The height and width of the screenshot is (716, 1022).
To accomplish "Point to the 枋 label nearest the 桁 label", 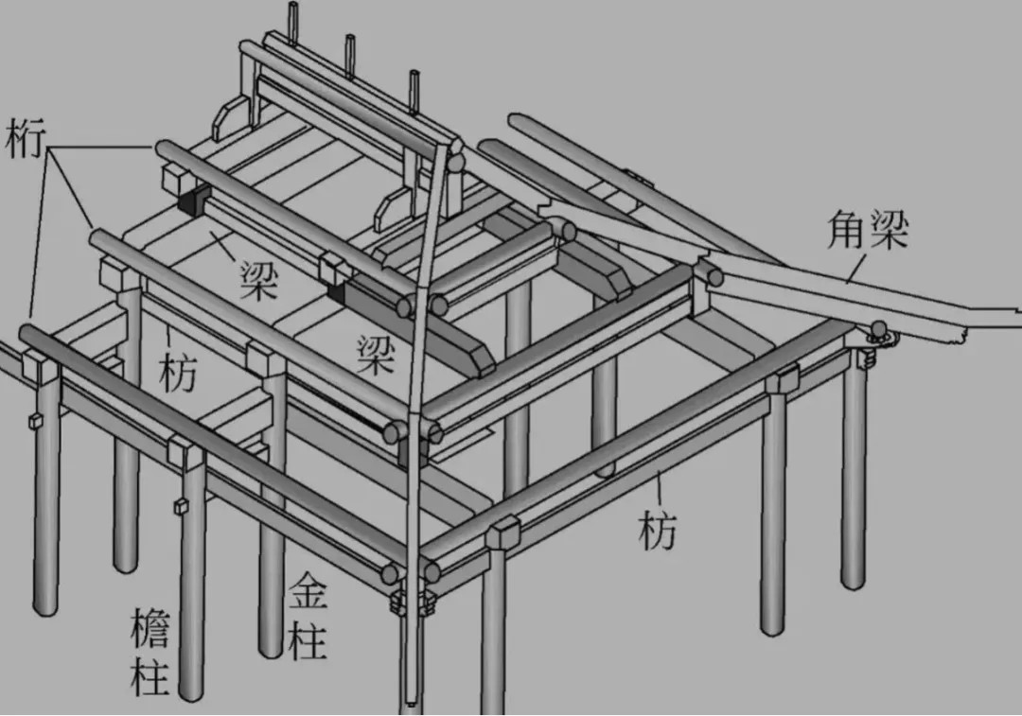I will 177,372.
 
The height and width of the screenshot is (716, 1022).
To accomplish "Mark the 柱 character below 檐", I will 150,676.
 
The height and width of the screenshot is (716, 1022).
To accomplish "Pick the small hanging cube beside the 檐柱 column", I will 178,506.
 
